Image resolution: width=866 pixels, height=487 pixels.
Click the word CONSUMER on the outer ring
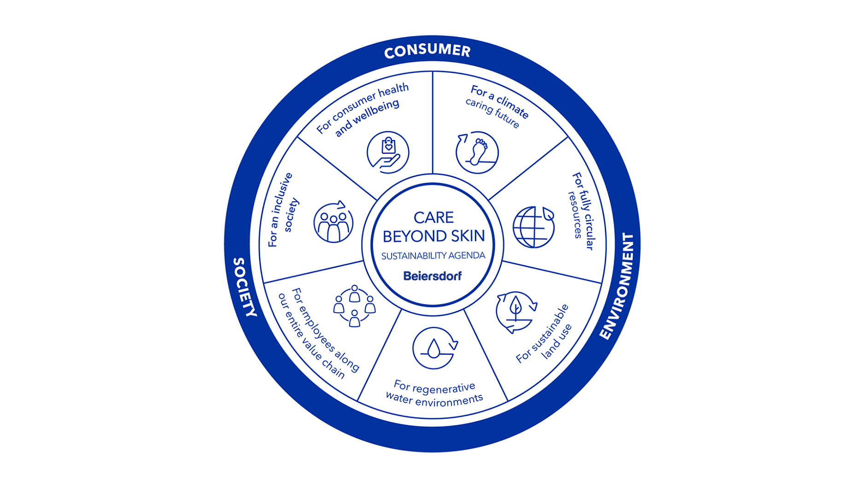pyautogui.click(x=427, y=51)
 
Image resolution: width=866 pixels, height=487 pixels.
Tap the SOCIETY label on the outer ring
pyautogui.click(x=245, y=287)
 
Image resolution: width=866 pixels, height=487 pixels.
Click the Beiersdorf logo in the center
pyautogui.click(x=432, y=276)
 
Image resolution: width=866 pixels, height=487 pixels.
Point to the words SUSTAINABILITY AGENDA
pyautogui.click(x=433, y=256)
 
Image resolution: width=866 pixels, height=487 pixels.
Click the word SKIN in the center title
pyautogui.click(x=467, y=236)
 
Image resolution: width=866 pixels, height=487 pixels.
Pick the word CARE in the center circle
pyautogui.click(x=433, y=217)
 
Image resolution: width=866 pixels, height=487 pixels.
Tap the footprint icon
pyautogui.click(x=477, y=153)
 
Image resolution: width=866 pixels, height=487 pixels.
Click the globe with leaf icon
pyautogui.click(x=533, y=227)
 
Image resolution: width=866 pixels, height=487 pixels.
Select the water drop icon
pyautogui.click(x=434, y=348)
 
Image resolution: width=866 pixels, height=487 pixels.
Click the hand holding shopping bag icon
pyautogui.click(x=388, y=153)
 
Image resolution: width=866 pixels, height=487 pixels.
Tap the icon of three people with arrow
pyautogui.click(x=334, y=223)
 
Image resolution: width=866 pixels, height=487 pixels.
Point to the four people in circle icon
pyautogui.click(x=354, y=305)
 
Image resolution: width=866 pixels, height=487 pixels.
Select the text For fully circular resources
pyautogui.click(x=581, y=211)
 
